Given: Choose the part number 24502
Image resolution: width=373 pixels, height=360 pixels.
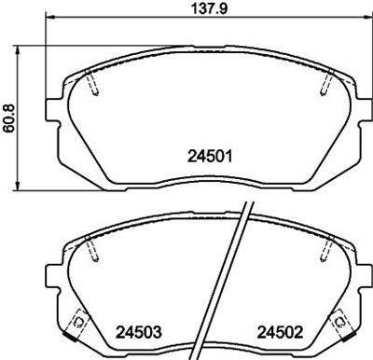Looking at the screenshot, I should [279, 330].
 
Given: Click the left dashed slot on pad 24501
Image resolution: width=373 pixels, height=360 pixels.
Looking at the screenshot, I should [92, 84].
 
